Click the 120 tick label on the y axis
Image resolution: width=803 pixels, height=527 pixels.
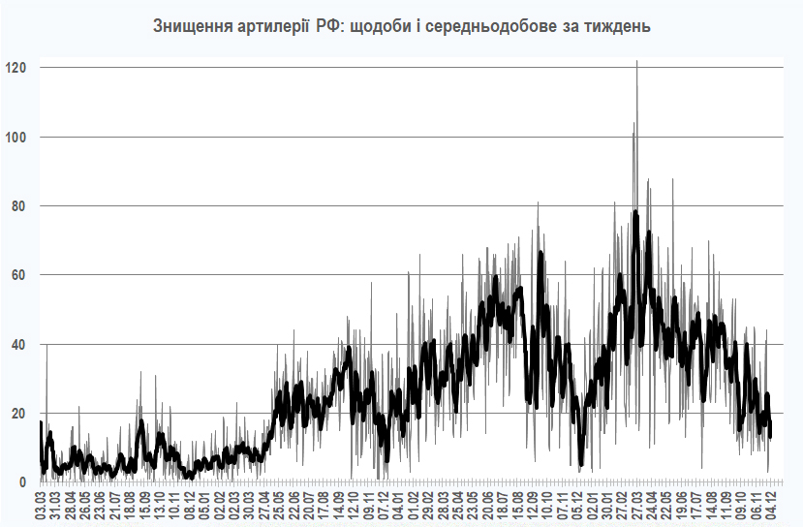tap(16, 68)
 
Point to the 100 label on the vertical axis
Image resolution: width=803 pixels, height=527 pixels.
tap(16, 137)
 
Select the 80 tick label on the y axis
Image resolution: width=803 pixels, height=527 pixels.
tap(19, 206)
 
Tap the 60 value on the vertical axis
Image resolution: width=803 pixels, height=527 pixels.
tap(19, 275)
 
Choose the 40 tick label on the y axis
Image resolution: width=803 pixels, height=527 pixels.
tap(19, 344)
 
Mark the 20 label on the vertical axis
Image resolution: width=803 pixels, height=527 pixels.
tap(19, 414)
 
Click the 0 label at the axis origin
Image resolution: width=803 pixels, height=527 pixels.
tap(23, 482)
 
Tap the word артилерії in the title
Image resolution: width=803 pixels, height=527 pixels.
tap(272, 26)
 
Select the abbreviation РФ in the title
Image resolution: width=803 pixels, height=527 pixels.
tap(330, 26)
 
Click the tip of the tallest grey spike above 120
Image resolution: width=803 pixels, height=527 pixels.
tap(636, 61)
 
